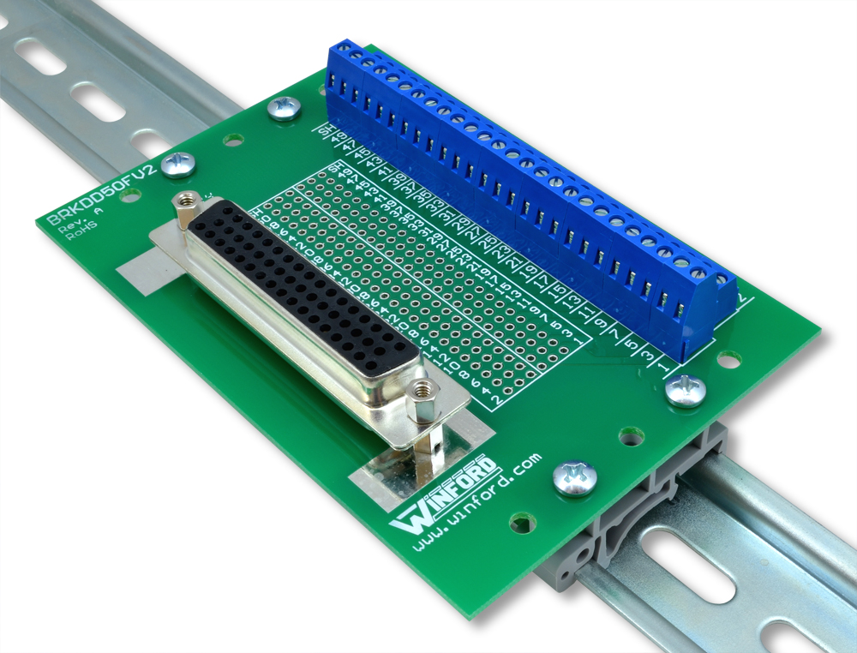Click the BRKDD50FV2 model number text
[102, 195]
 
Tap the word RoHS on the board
[81, 231]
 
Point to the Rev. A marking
[75, 219]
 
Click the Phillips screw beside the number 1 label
[686, 389]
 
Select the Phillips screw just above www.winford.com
[575, 476]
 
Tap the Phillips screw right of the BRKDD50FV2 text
[177, 162]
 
